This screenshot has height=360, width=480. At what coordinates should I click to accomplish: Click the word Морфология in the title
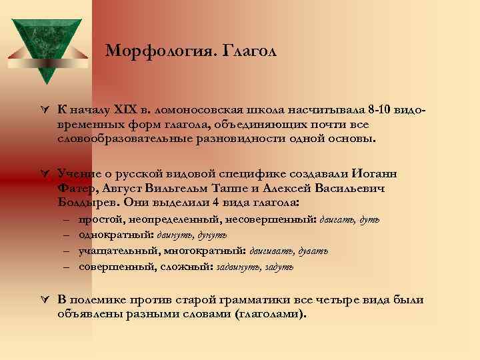(148, 51)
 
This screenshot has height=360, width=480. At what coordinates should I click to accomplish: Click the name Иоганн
(374, 173)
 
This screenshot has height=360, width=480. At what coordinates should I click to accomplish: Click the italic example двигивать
(273, 251)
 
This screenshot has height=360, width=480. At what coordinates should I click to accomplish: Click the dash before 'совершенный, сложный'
(69, 267)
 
